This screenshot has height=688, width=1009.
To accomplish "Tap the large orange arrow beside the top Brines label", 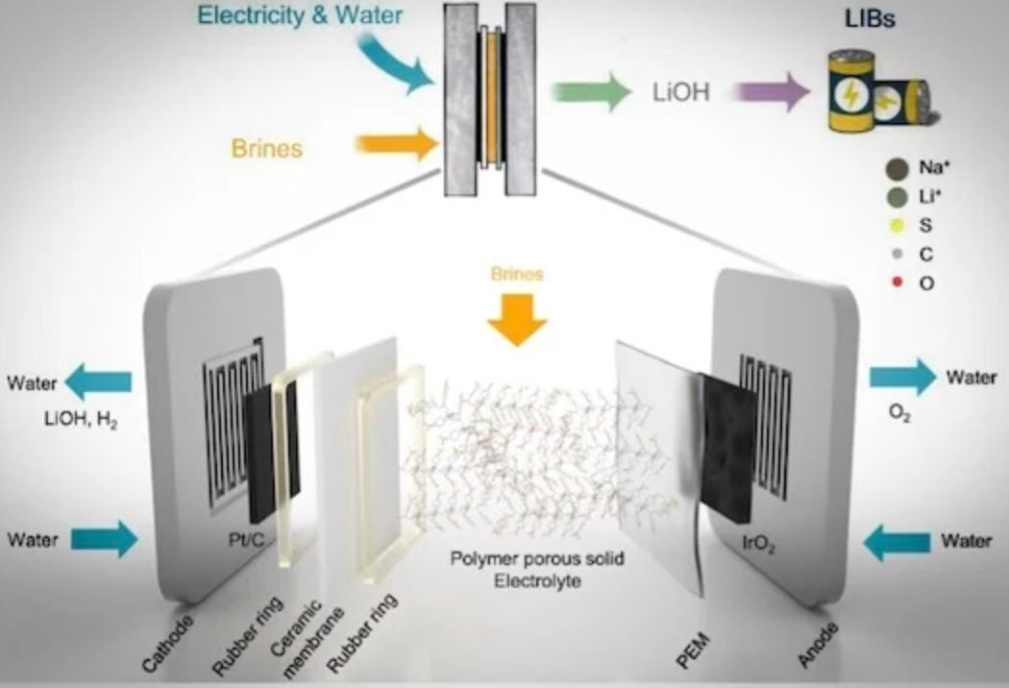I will pos(397,146).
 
